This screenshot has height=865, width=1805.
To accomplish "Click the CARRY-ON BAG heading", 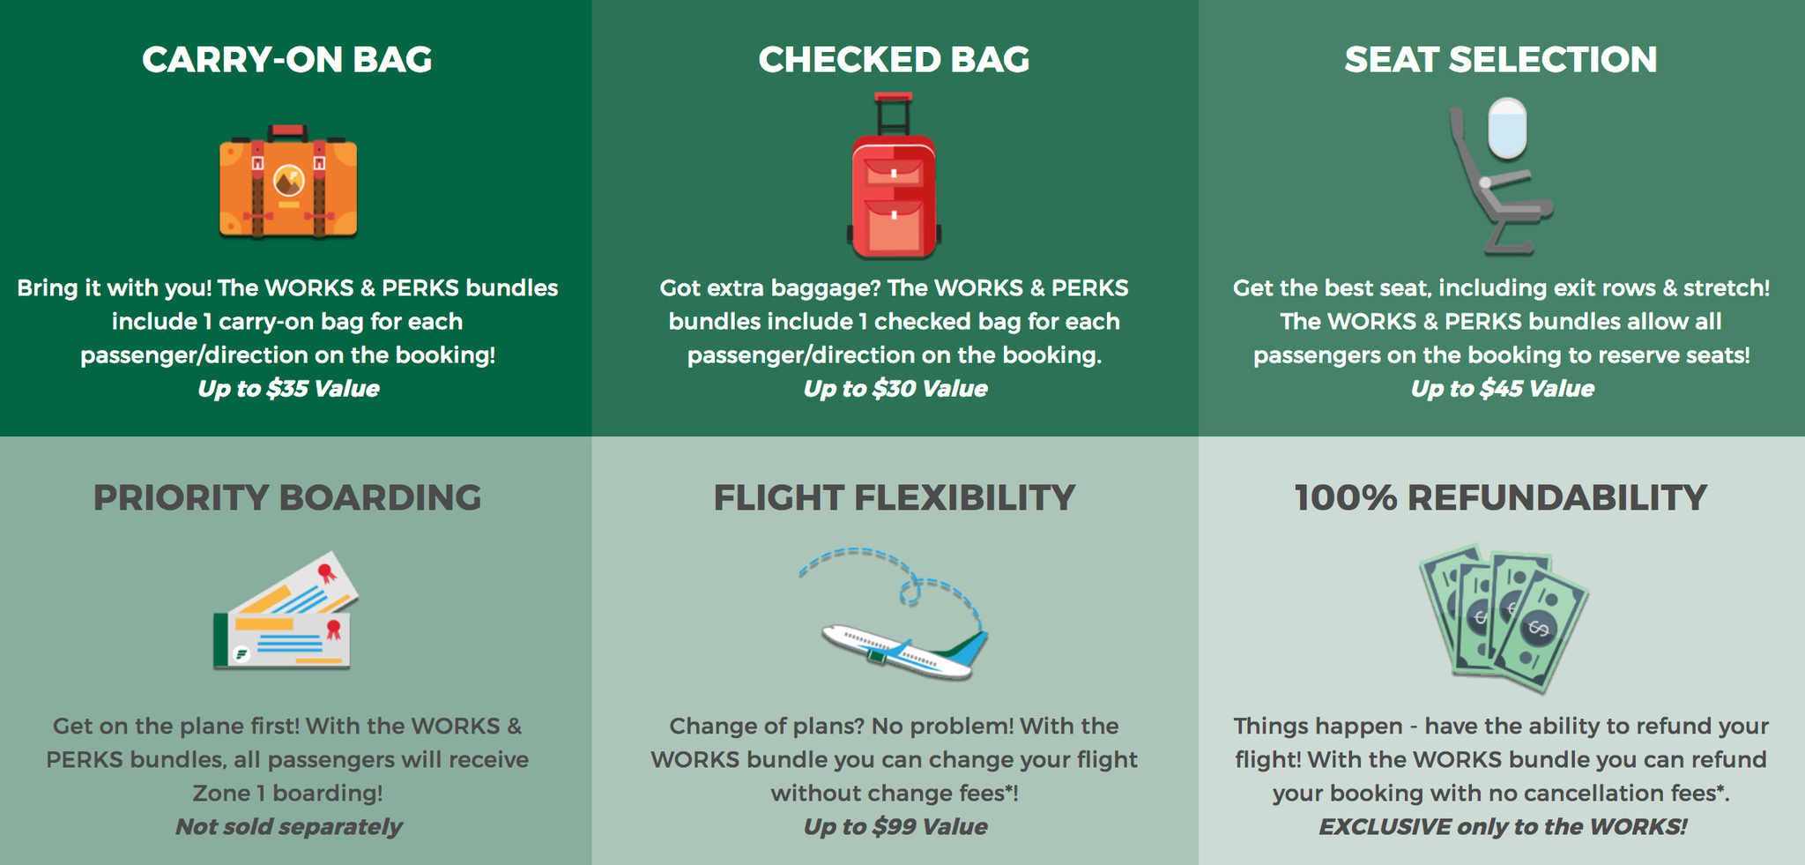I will [287, 60].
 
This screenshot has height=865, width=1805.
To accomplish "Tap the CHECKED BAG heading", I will [894, 60].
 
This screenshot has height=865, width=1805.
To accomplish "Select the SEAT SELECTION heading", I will [1500, 60].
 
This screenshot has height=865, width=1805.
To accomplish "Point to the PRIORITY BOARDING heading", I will [287, 498].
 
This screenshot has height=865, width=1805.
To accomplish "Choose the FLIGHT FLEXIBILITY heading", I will [894, 498].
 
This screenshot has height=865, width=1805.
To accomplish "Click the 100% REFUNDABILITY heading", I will [1500, 498].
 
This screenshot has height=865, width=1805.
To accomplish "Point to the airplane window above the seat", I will [1507, 128].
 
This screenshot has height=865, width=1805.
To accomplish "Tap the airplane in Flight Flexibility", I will [899, 652].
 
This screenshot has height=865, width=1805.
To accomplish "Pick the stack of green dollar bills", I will [1503, 617].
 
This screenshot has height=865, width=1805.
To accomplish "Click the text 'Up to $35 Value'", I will [288, 389].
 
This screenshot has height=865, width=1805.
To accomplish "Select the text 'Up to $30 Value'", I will [895, 389].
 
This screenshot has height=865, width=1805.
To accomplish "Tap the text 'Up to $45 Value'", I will [1502, 389].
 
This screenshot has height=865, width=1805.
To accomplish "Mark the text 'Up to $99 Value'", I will [895, 827].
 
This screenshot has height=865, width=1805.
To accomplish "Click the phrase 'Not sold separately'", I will [288, 827].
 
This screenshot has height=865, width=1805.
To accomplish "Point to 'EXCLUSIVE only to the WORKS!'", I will [1502, 827].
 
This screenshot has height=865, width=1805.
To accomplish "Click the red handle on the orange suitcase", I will [288, 131].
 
